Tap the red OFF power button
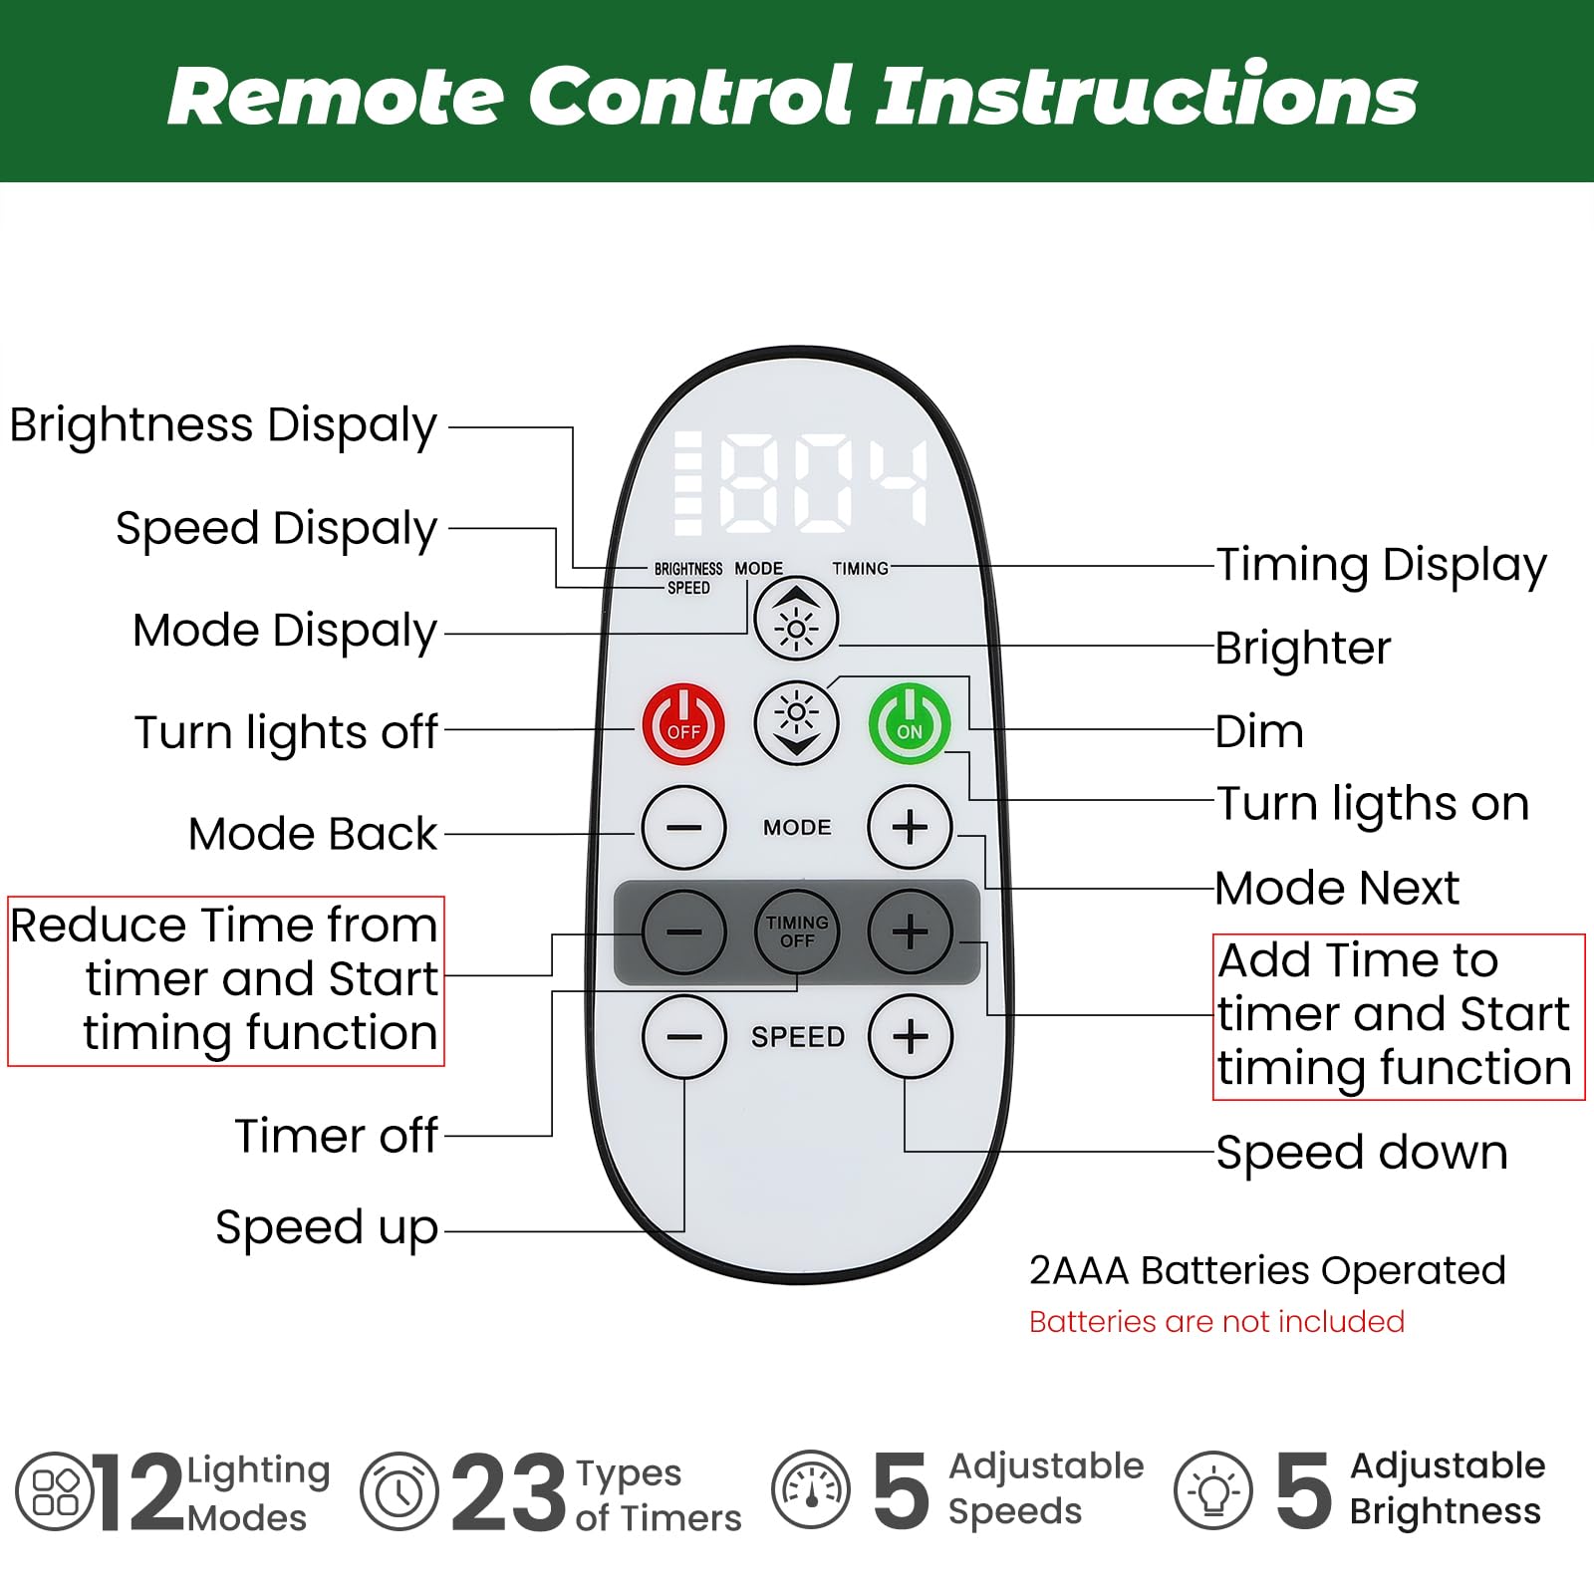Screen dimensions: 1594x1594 [683, 723]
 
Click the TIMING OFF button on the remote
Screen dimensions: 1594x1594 [796, 931]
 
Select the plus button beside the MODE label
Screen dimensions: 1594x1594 [910, 827]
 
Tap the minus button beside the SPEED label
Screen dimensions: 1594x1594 [683, 1036]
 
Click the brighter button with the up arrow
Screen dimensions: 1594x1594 [796, 619]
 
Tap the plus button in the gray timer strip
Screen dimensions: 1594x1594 [910, 931]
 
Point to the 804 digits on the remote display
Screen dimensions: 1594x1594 [823, 484]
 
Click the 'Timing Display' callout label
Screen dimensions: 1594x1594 [1381, 565]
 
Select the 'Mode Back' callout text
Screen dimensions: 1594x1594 [313, 834]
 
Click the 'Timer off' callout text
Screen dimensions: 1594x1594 [337, 1136]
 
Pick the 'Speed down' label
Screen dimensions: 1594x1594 [1361, 1153]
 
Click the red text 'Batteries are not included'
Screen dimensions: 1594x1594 [1216, 1322]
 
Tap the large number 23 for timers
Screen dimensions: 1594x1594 [508, 1492]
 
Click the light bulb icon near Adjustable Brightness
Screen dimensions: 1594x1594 [1212, 1491]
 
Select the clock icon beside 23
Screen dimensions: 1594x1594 [398, 1491]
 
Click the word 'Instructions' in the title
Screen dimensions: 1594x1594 [1146, 96]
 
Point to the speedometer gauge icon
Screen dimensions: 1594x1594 [811, 1490]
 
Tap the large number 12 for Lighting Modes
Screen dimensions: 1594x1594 [139, 1492]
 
